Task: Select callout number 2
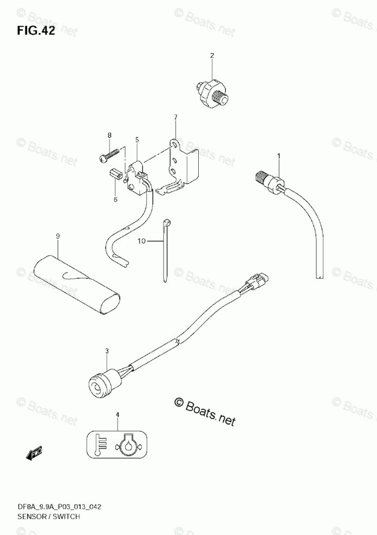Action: [212, 55]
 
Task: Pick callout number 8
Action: [109, 135]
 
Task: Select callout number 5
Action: [137, 140]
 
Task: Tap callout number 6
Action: [115, 199]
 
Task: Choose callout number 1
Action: [279, 157]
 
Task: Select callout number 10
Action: [141, 241]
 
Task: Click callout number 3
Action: [107, 351]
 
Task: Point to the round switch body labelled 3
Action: [102, 382]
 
